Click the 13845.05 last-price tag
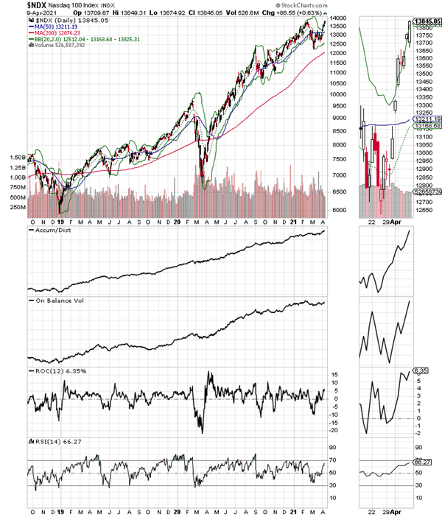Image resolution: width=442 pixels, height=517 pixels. point(426,23)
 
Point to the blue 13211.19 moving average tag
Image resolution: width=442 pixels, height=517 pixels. point(426,119)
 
